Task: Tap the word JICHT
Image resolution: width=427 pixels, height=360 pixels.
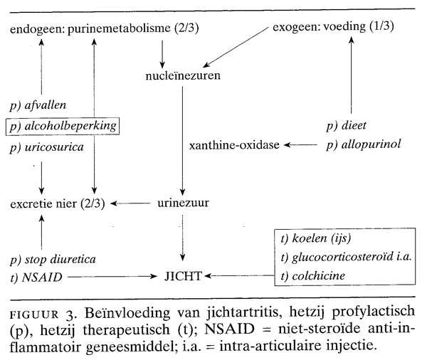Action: (x=184, y=274)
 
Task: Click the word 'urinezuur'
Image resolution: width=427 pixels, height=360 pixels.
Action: (x=182, y=204)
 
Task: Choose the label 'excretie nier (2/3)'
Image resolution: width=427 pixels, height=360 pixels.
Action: (x=58, y=204)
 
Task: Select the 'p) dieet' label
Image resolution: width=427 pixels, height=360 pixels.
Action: (x=346, y=125)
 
